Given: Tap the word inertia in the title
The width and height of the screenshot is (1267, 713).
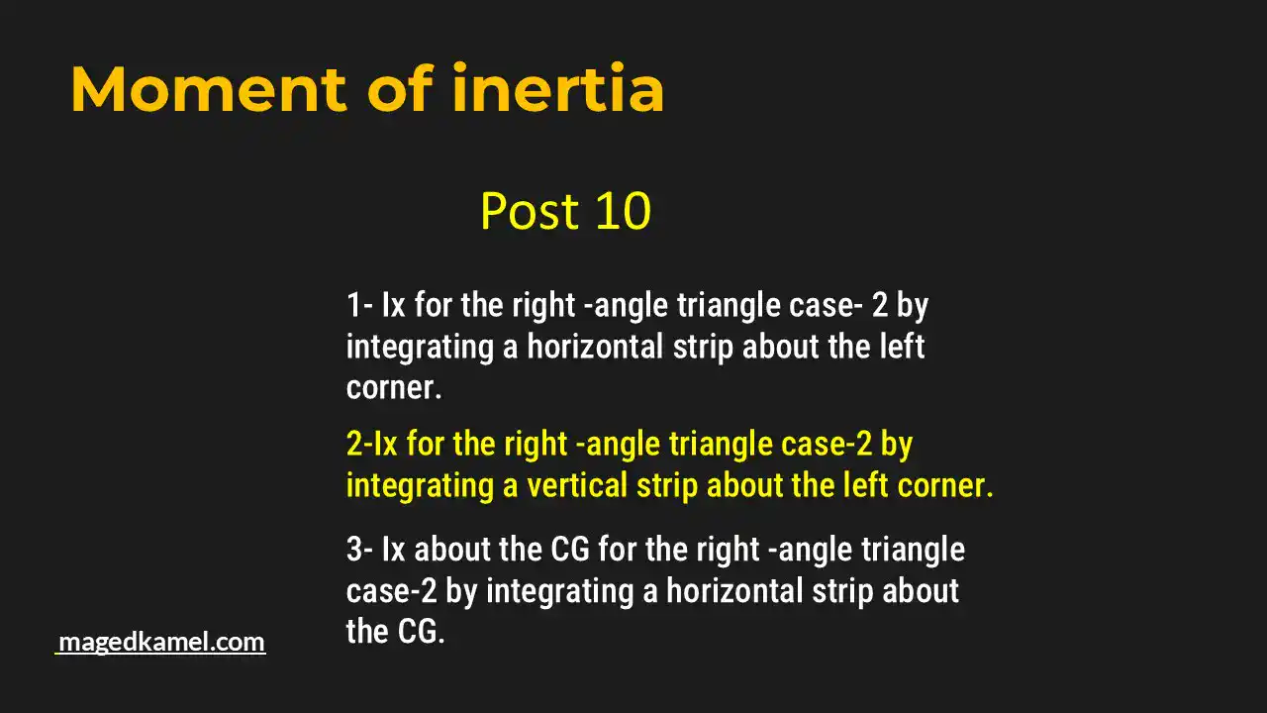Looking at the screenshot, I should (x=558, y=90).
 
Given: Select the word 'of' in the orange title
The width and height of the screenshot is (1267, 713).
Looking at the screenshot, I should (x=400, y=90).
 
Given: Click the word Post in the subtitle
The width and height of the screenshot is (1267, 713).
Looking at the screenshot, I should (x=529, y=211).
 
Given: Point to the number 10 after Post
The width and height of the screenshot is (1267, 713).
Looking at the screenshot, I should (x=622, y=211).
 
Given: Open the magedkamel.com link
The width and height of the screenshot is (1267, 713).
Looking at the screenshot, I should (x=161, y=642).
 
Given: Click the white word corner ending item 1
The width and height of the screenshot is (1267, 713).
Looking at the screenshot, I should (x=392, y=388).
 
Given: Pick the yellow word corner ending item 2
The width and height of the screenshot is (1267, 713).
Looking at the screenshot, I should (x=940, y=486).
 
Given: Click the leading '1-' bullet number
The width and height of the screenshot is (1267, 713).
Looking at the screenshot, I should (x=358, y=305).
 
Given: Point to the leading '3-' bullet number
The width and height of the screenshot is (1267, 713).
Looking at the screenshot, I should (x=359, y=550).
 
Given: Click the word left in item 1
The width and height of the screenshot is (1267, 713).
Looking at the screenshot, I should (x=897, y=347).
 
